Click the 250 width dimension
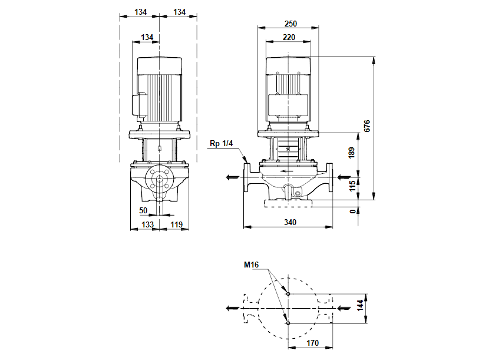[289, 24]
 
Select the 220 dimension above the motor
[289, 37]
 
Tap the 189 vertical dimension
[352, 154]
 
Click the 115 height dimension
[352, 187]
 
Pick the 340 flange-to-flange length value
[289, 222]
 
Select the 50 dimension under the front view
[143, 210]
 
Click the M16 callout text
[252, 265]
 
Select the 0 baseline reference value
[352, 210]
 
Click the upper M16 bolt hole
[288, 293]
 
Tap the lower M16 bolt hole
[288, 323]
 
